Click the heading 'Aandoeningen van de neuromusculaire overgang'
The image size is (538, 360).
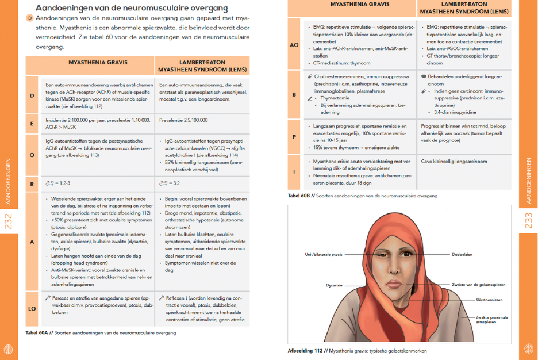tap(131, 8)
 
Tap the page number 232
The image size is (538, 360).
tap(8, 221)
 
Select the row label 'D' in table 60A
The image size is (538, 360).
tap(32, 95)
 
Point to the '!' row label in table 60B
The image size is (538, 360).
tap(294, 171)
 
